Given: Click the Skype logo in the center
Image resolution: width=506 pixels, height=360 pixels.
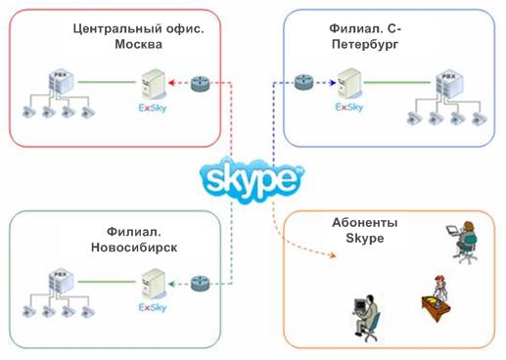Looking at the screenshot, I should click(x=251, y=179).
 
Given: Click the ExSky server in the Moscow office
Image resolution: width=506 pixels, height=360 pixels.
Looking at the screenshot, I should click(x=150, y=86).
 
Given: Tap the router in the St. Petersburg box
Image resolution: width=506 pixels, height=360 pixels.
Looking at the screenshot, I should click(x=301, y=83).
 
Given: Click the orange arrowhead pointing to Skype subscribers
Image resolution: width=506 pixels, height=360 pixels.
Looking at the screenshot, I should click(x=339, y=258).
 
